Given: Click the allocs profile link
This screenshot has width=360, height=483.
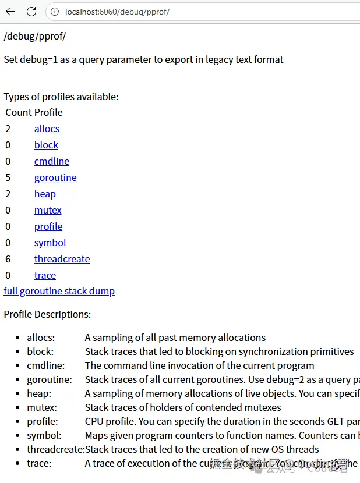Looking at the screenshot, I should (x=47, y=129).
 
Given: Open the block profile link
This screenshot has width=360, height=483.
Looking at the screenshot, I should (x=46, y=145).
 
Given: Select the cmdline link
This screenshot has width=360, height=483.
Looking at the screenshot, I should (x=51, y=161).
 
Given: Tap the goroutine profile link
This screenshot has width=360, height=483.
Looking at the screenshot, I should (x=55, y=177).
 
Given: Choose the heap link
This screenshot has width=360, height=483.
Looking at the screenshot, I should (x=45, y=194).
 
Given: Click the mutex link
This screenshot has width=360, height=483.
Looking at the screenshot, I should (x=48, y=210).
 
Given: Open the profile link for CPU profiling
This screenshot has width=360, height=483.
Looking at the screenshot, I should (x=48, y=226).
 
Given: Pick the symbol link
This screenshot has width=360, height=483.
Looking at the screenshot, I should (x=50, y=243).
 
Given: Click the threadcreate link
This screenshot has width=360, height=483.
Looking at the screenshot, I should (x=62, y=259).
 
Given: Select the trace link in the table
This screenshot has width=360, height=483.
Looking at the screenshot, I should (x=45, y=275).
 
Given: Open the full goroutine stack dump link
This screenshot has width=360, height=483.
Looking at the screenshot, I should (x=59, y=291).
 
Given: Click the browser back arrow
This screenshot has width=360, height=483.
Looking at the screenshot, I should (x=10, y=12).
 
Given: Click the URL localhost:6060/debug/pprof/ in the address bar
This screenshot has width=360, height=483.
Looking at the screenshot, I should (x=117, y=12).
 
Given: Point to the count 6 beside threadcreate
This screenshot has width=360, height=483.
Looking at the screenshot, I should (x=8, y=259).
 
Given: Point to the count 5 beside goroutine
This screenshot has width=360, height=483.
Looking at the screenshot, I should (x=8, y=177).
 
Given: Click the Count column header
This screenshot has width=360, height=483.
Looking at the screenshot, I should (x=18, y=112).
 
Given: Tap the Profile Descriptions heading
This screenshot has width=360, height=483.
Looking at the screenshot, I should (x=47, y=314).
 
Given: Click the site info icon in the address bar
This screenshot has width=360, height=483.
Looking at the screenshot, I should (x=54, y=12).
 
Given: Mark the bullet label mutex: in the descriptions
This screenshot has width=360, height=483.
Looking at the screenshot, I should (x=41, y=407).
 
